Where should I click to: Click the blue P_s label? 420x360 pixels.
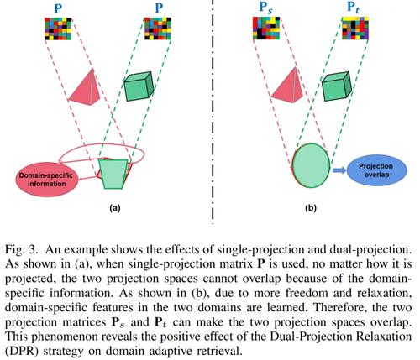[x=265, y=8]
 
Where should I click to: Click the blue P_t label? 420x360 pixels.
[x=354, y=8]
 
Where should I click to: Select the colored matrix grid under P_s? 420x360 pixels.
[x=266, y=28]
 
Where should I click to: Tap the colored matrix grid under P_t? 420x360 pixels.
[x=355, y=28]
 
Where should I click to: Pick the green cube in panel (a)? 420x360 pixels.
[x=139, y=86]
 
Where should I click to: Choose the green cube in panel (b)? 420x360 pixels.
[x=337, y=86]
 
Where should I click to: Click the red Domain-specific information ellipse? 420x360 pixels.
[x=47, y=180]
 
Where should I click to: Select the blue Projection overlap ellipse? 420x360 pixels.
[x=376, y=170]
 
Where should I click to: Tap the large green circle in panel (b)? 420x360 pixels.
[x=311, y=165]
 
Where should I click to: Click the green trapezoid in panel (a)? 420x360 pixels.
[x=113, y=174]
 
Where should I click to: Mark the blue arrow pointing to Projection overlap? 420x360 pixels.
[x=339, y=170]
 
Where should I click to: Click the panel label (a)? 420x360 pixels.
[x=115, y=208]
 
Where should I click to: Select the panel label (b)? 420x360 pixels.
[x=311, y=208]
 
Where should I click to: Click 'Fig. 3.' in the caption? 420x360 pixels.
[x=21, y=249]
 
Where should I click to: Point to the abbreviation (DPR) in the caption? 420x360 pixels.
[x=21, y=351]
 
